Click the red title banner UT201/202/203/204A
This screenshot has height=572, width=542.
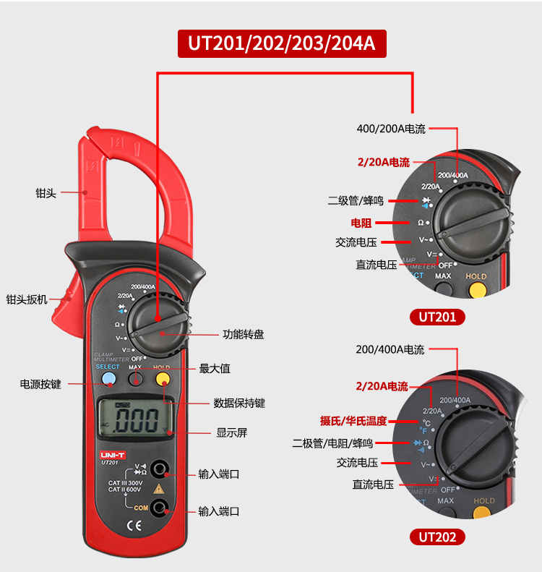(282, 42)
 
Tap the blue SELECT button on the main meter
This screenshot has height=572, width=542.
(108, 379)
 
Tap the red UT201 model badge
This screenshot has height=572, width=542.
(437, 317)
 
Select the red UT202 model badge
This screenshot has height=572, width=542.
(437, 537)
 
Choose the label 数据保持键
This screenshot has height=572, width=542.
(239, 403)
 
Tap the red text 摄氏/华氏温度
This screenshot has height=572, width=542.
(353, 420)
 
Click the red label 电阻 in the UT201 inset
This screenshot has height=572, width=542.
(361, 223)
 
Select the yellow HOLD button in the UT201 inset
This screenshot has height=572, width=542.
(477, 289)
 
